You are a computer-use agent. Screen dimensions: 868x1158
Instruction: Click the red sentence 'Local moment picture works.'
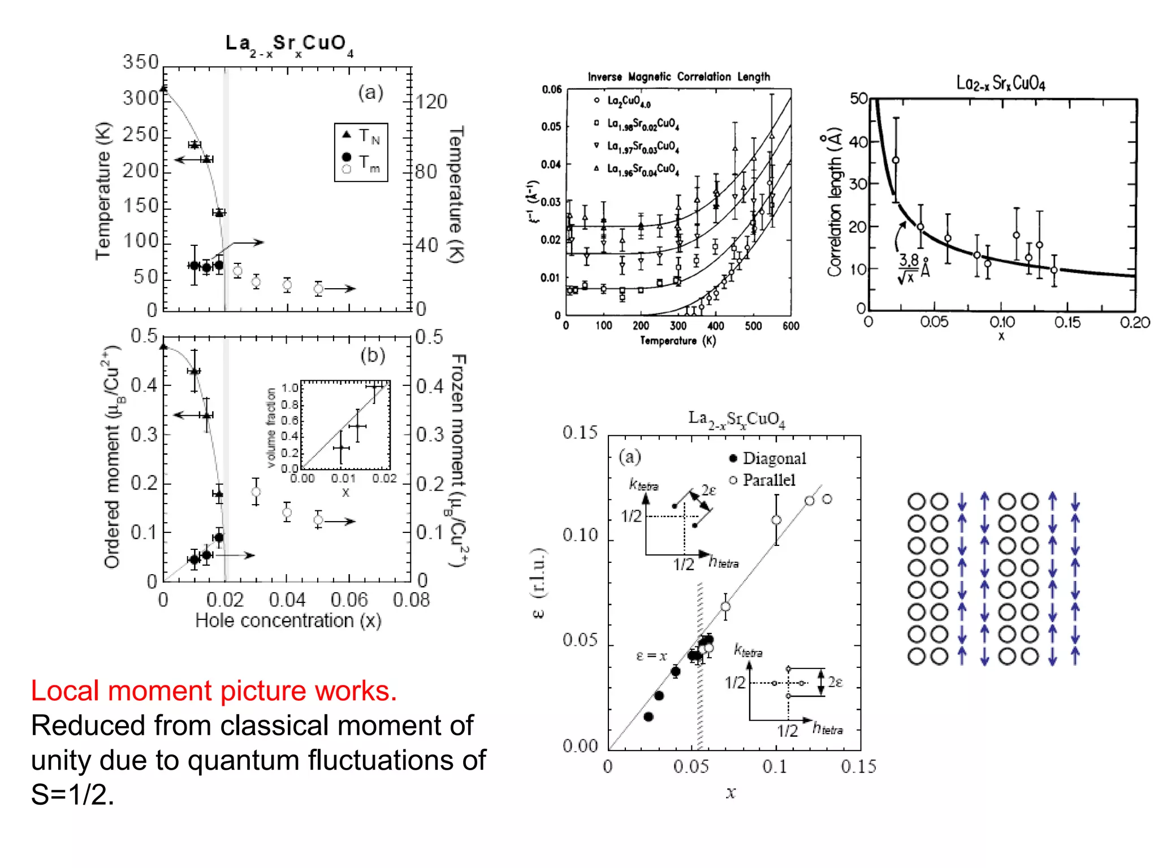coord(214,691)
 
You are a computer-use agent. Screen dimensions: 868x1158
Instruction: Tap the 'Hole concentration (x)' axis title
coord(288,620)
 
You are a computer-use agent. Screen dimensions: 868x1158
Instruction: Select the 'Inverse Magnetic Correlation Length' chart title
coord(679,76)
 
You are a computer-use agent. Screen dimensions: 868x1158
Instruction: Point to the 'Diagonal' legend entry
coord(774,458)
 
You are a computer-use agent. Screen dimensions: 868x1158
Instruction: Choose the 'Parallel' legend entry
coord(768,480)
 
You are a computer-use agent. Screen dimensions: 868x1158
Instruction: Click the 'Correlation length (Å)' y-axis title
coord(834,202)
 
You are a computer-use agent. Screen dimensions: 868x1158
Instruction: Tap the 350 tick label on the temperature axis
coord(141,62)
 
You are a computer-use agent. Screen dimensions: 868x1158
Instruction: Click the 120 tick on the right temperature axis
coord(431,102)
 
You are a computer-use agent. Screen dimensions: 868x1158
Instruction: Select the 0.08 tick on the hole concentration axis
coord(411,600)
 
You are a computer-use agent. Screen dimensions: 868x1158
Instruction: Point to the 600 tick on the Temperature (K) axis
coord(790,326)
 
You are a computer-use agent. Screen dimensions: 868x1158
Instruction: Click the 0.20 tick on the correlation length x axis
coord(1135,323)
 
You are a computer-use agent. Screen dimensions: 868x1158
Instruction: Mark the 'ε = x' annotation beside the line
coord(651,656)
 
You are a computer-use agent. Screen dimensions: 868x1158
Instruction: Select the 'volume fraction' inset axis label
coord(271,428)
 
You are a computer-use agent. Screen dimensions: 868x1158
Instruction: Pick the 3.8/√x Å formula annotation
coord(913,268)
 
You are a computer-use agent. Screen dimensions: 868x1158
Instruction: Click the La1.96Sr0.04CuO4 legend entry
coord(643,169)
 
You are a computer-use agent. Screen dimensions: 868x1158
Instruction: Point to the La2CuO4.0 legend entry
coord(629,101)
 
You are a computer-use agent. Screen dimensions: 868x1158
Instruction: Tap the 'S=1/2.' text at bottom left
coord(72,795)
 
